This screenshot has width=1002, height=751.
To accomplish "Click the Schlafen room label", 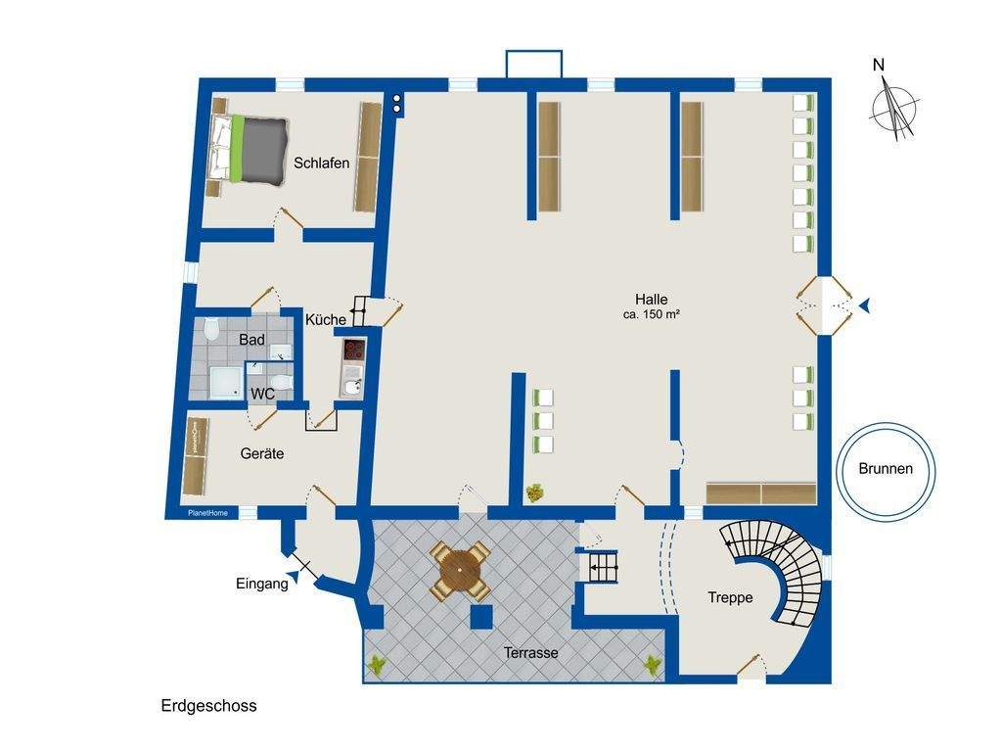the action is point(321,164).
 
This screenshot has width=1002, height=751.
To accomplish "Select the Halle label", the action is point(651,299).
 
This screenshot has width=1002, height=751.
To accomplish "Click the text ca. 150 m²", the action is point(651,314).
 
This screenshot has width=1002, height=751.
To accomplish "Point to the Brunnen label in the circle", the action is point(886,469).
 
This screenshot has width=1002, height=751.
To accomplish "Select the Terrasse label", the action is point(531,653).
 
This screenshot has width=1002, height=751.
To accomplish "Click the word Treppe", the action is point(730,598).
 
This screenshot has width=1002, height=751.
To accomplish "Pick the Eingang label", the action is point(262,584).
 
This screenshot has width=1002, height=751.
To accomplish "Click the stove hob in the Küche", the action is point(354,350).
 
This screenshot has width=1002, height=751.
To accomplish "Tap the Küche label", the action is point(326,320).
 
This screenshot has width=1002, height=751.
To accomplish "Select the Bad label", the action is point(251,340).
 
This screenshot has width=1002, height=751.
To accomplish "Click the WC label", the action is point(262,394).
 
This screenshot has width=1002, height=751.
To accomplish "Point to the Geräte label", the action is point(262,453).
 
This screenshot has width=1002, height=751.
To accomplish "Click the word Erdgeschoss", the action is point(209,706).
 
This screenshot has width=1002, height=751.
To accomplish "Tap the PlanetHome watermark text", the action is point(207,513).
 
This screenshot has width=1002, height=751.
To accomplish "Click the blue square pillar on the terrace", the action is point(481,617).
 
